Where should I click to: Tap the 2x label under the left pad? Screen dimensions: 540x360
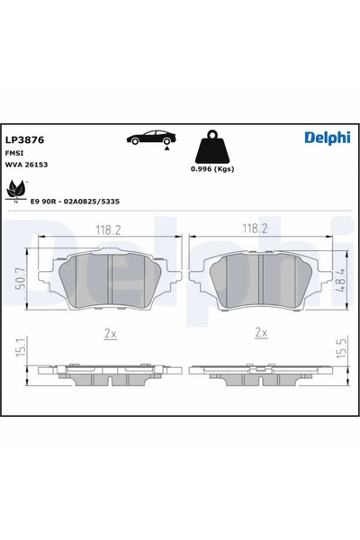click(110, 332)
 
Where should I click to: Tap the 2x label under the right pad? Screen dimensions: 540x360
click(262, 332)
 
